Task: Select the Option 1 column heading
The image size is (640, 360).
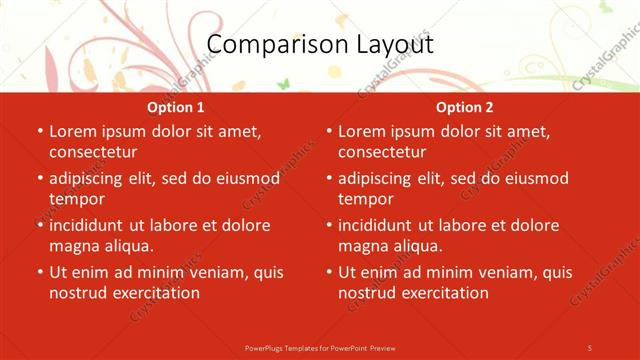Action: [176, 107]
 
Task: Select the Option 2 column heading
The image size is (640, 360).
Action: [465, 107]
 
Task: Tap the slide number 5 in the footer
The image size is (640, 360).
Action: [590, 347]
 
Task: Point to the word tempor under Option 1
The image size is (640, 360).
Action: [76, 199]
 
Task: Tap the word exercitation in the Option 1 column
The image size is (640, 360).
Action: [155, 293]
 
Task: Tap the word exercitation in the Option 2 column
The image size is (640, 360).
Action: [444, 293]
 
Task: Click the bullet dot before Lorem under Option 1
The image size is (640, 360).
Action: [40, 132]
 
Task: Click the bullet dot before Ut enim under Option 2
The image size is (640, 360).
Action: [329, 272]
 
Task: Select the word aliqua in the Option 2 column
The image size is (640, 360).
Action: [415, 246]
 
